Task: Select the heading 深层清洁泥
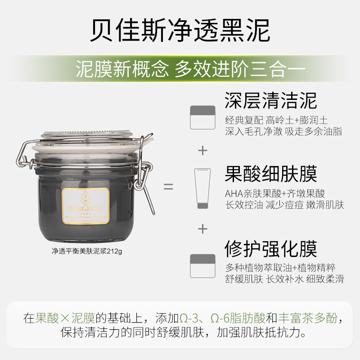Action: pos(270,100)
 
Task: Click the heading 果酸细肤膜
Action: pos(270,173)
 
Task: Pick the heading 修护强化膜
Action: pos(270,248)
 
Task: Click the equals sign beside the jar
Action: pos(168,186)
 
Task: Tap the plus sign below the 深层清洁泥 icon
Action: pos(203,150)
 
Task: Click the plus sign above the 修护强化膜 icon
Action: pos(203,229)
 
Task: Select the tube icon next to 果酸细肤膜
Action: pos(203,188)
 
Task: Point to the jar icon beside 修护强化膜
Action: pos(203,265)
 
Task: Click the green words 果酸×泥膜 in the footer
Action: pos(65,319)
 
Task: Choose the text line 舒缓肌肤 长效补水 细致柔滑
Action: pos(284,279)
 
